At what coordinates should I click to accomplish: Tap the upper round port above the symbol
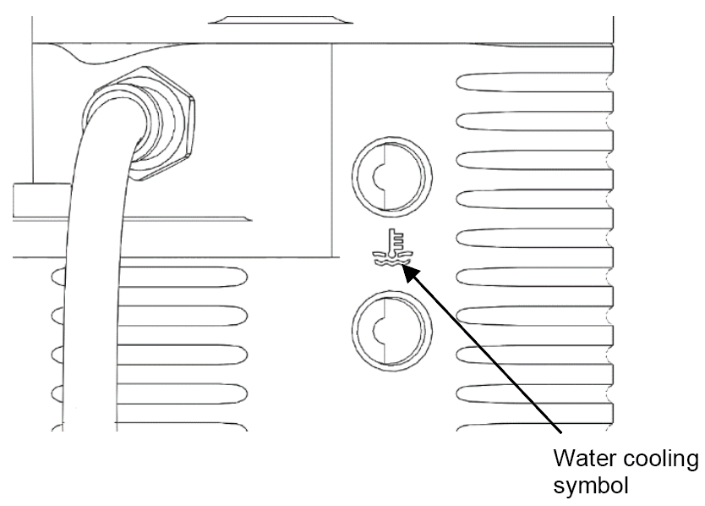pyautogui.click(x=391, y=136)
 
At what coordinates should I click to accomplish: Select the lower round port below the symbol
pyautogui.click(x=391, y=291)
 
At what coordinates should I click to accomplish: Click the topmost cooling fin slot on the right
pyautogui.click(x=534, y=82)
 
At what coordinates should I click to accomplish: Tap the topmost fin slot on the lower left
pyautogui.click(x=180, y=277)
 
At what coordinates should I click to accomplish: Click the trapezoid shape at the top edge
pyautogui.click(x=280, y=19)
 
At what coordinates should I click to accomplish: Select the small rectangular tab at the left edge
pyautogui.click(x=41, y=200)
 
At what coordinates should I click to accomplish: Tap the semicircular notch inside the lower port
pyautogui.click(x=378, y=331)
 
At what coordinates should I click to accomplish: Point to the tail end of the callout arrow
pyautogui.click(x=561, y=433)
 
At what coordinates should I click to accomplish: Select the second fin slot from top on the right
pyautogui.click(x=534, y=121)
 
